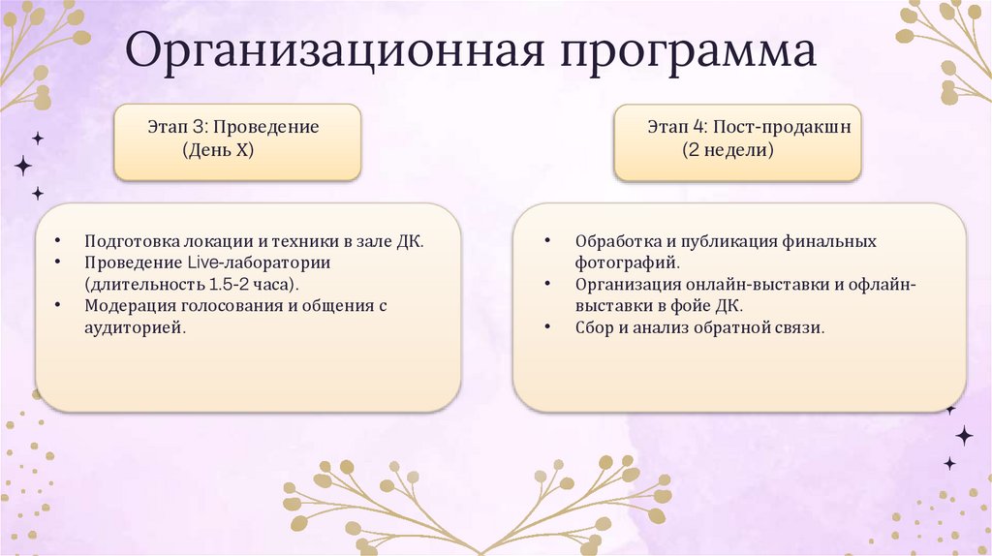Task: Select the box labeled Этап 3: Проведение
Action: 237,141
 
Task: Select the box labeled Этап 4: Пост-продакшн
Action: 737,141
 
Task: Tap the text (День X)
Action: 218,151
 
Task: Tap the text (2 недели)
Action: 727,151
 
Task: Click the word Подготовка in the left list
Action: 129,241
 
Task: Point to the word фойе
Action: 694,306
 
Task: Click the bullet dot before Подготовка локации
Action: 59,242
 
